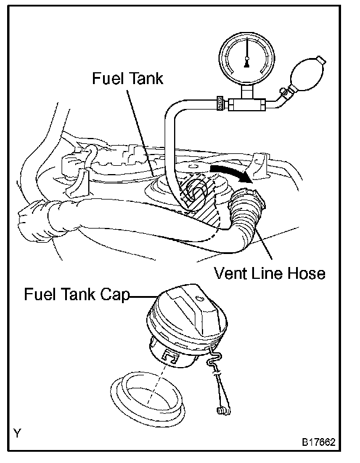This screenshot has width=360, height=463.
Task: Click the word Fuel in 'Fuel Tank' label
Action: [108, 79]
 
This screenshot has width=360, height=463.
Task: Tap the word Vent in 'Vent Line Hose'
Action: [233, 273]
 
